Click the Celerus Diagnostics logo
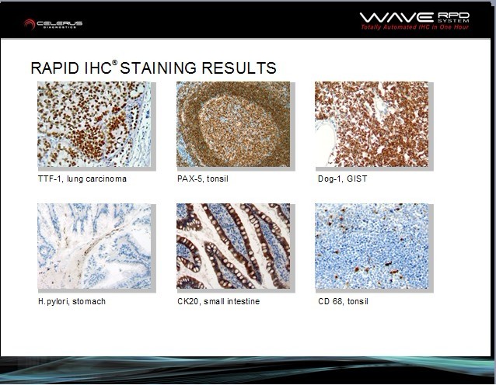tap(53, 24)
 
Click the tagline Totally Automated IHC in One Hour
tap(414, 27)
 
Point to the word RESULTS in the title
tap(239, 68)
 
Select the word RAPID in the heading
tap(55, 68)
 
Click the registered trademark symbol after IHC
tap(114, 63)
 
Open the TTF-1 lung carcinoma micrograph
tap(94, 124)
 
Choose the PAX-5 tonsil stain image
tap(233, 124)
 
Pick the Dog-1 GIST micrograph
tap(372, 124)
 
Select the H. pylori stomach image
tap(94, 246)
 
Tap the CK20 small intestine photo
tap(233, 246)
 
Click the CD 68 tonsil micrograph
tap(372, 246)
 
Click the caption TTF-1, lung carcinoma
tap(82, 179)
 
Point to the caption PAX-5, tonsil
tap(203, 179)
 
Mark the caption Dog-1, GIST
tap(343, 179)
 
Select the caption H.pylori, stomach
tap(72, 302)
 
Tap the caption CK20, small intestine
tap(218, 301)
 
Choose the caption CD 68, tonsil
tap(343, 301)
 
